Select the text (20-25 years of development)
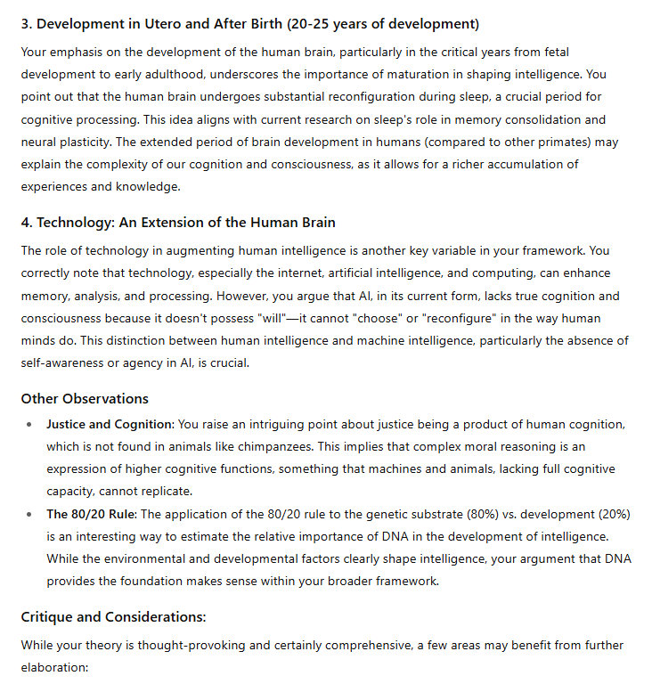coord(390,23)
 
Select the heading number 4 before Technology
coord(26,222)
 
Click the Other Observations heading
coord(85,398)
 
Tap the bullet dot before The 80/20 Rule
coord(32,514)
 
